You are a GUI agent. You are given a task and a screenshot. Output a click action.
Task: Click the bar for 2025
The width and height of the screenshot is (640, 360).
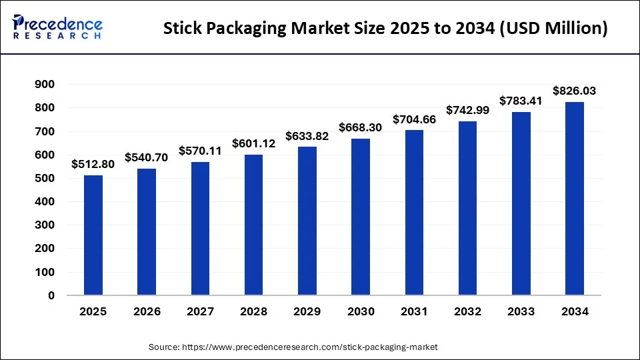[x=93, y=235]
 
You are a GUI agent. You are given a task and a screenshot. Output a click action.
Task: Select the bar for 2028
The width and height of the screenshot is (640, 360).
[x=253, y=225]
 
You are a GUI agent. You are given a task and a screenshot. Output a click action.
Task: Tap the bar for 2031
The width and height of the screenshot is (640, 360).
[x=414, y=212]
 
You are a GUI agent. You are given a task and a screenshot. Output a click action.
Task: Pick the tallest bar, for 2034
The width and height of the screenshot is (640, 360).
[x=575, y=198]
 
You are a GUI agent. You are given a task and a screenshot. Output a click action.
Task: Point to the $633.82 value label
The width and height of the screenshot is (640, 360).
[x=307, y=137]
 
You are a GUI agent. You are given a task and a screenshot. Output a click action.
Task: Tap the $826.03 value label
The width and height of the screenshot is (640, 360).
[x=575, y=91]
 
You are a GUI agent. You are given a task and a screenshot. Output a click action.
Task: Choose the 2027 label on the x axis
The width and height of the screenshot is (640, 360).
[x=200, y=312]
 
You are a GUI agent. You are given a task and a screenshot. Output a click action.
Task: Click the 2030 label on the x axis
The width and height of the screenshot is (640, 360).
[x=361, y=312]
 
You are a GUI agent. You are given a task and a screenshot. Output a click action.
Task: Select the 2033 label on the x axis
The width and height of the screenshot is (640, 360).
[x=521, y=312]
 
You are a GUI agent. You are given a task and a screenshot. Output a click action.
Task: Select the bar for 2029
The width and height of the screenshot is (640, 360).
[x=307, y=221]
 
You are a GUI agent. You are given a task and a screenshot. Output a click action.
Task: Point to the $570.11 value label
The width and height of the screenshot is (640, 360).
[x=200, y=151]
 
